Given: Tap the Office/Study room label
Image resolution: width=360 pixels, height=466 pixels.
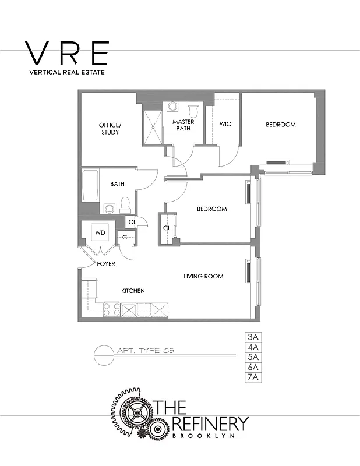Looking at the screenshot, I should (x=110, y=129).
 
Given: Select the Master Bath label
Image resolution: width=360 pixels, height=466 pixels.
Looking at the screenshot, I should (x=183, y=125).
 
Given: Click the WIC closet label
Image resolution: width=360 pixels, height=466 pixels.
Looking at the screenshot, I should (x=225, y=124).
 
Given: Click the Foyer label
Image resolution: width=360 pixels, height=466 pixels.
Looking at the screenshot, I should (x=106, y=264).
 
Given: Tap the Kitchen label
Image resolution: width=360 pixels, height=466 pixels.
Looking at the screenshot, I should (x=133, y=291).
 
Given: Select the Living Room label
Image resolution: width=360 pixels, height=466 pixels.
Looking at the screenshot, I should (x=203, y=276).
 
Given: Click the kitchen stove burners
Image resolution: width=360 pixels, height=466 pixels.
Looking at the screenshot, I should (x=111, y=309).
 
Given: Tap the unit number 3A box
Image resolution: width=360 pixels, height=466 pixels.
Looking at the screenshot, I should (x=253, y=337).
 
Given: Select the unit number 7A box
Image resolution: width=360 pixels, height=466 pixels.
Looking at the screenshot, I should (x=253, y=377).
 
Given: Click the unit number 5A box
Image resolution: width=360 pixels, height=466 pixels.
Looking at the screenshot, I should (x=253, y=357).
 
